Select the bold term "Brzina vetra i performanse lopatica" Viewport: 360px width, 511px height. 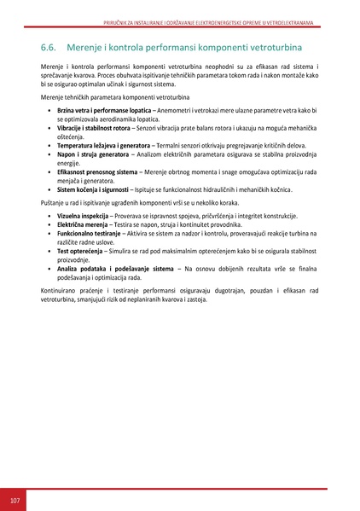[104, 112]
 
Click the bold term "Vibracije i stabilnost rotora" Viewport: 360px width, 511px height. [96, 128]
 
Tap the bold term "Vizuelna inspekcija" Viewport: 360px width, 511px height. [82, 217]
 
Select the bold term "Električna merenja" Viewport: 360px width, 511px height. [80, 225]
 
